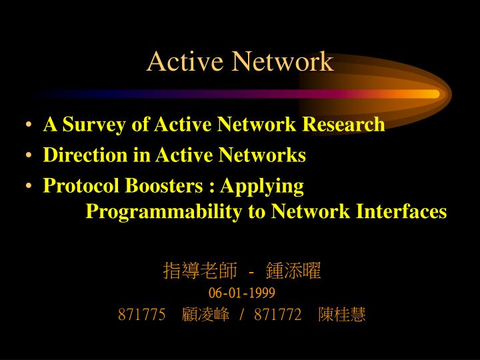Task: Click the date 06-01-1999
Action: (x=241, y=293)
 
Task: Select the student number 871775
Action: (x=141, y=315)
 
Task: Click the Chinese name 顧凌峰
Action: (x=205, y=315)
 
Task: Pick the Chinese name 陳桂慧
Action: (x=342, y=315)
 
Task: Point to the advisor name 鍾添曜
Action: (x=293, y=271)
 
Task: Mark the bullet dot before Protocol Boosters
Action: (x=31, y=187)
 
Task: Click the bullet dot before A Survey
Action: (x=31, y=125)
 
